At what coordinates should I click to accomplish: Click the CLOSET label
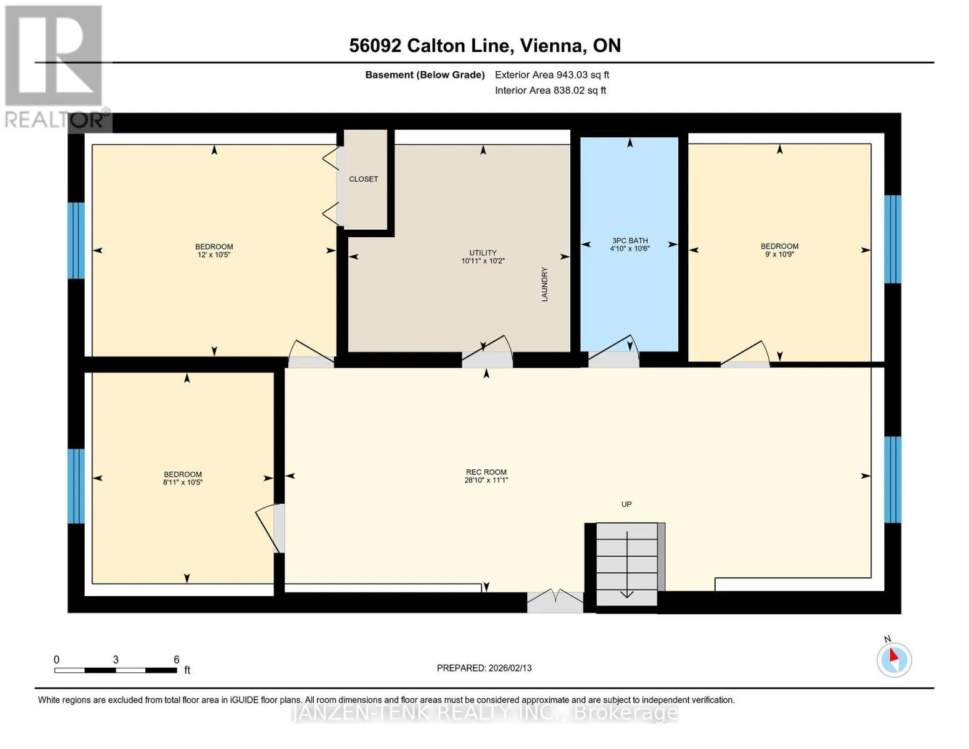click(363, 179)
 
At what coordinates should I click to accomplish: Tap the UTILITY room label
click(482, 253)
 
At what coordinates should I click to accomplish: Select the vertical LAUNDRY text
click(544, 284)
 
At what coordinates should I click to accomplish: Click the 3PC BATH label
click(629, 240)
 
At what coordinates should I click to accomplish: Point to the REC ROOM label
click(486, 472)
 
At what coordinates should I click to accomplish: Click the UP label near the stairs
click(626, 504)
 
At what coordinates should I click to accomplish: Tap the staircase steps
click(626, 564)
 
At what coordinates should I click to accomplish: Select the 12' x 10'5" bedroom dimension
click(214, 255)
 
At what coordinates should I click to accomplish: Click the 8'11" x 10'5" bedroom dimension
click(183, 482)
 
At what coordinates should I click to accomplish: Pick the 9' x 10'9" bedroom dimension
click(779, 254)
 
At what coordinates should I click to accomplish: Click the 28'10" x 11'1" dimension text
click(486, 480)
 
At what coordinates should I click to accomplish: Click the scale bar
click(115, 670)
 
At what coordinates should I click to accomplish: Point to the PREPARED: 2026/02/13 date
click(484, 668)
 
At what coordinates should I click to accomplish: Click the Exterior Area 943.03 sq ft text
click(552, 75)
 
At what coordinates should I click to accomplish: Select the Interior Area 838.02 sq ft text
click(551, 90)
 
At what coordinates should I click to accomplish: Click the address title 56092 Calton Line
click(429, 46)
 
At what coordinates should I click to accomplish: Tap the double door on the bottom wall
click(555, 600)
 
